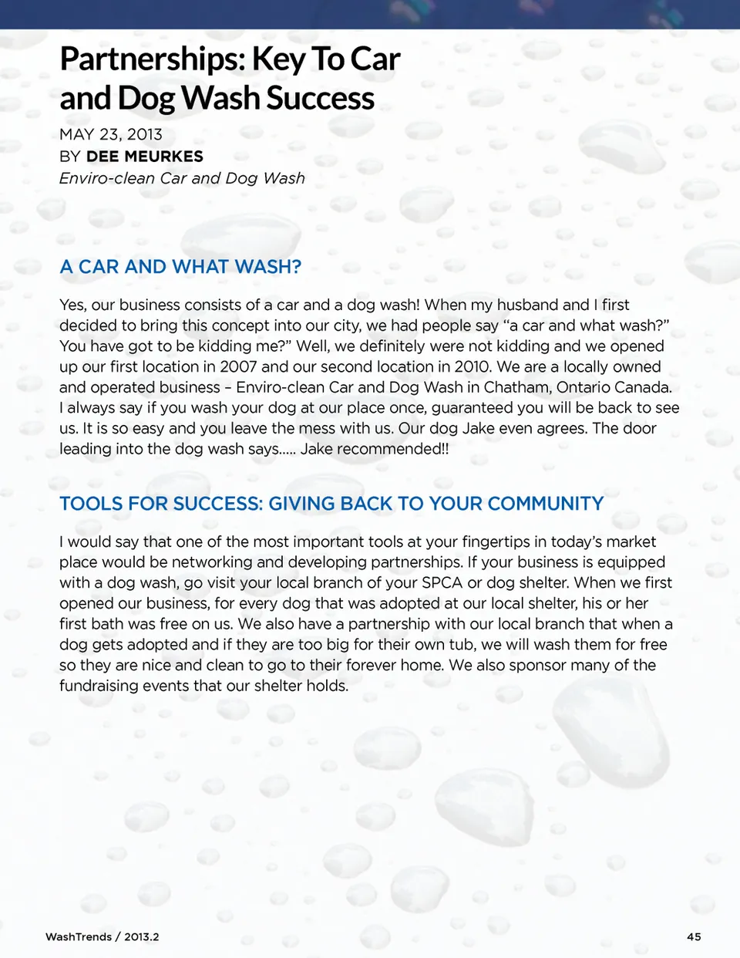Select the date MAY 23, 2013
pyautogui.click(x=111, y=134)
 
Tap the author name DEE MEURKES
pyautogui.click(x=145, y=157)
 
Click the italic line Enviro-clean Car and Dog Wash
pyautogui.click(x=182, y=178)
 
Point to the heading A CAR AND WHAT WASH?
pyautogui.click(x=180, y=267)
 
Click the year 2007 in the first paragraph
pyautogui.click(x=238, y=366)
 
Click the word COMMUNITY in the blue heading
pyautogui.click(x=546, y=504)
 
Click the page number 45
pyautogui.click(x=694, y=936)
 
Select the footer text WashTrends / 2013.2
pyautogui.click(x=102, y=936)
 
